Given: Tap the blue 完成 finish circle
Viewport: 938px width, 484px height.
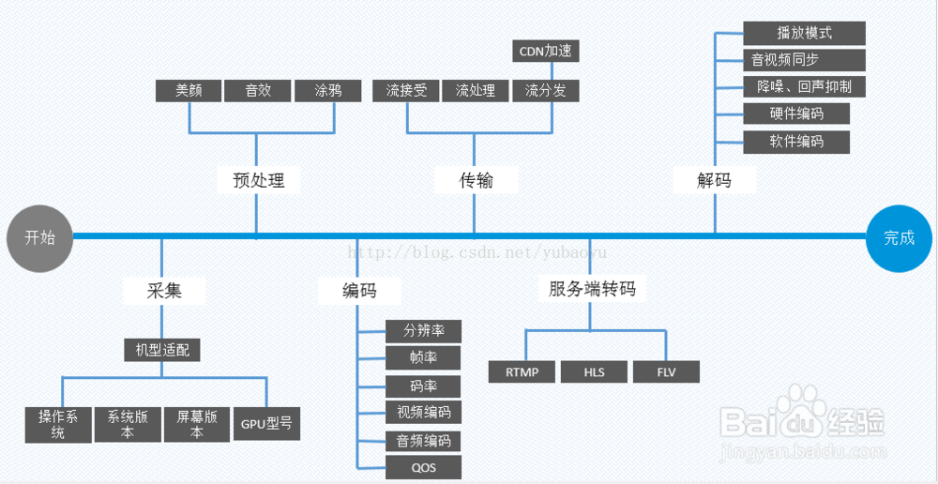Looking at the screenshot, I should click(x=899, y=237).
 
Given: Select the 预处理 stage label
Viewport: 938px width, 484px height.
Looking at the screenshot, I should click(x=258, y=180).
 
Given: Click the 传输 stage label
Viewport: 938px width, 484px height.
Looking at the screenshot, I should click(x=476, y=180).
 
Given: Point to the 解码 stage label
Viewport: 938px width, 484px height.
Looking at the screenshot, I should click(x=714, y=180).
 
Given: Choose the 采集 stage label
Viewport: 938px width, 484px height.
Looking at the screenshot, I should click(x=164, y=291).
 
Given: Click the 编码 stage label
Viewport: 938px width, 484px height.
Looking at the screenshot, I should click(x=359, y=291).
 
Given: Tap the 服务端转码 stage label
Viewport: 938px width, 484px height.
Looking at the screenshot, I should click(x=592, y=289).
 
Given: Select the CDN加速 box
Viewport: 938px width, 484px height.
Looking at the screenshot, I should click(x=546, y=51).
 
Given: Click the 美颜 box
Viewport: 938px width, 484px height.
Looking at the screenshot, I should click(x=189, y=91).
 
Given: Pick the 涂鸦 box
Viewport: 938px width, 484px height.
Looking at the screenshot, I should click(x=327, y=91).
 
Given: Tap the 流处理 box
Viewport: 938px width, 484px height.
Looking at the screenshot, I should click(x=476, y=91).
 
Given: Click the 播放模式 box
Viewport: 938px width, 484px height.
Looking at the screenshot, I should click(x=804, y=33).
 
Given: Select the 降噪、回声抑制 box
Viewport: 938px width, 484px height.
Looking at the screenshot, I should click(x=804, y=87).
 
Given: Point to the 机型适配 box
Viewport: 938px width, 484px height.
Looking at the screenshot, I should click(x=162, y=350).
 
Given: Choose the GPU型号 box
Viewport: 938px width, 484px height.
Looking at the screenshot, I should click(x=266, y=423).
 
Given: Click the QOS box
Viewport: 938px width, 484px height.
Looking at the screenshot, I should click(x=423, y=467).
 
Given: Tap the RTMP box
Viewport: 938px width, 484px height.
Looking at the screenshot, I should click(x=522, y=372).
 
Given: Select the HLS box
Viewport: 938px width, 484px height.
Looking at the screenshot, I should click(x=594, y=372).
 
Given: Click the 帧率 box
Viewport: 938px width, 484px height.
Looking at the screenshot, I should click(x=423, y=357).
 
